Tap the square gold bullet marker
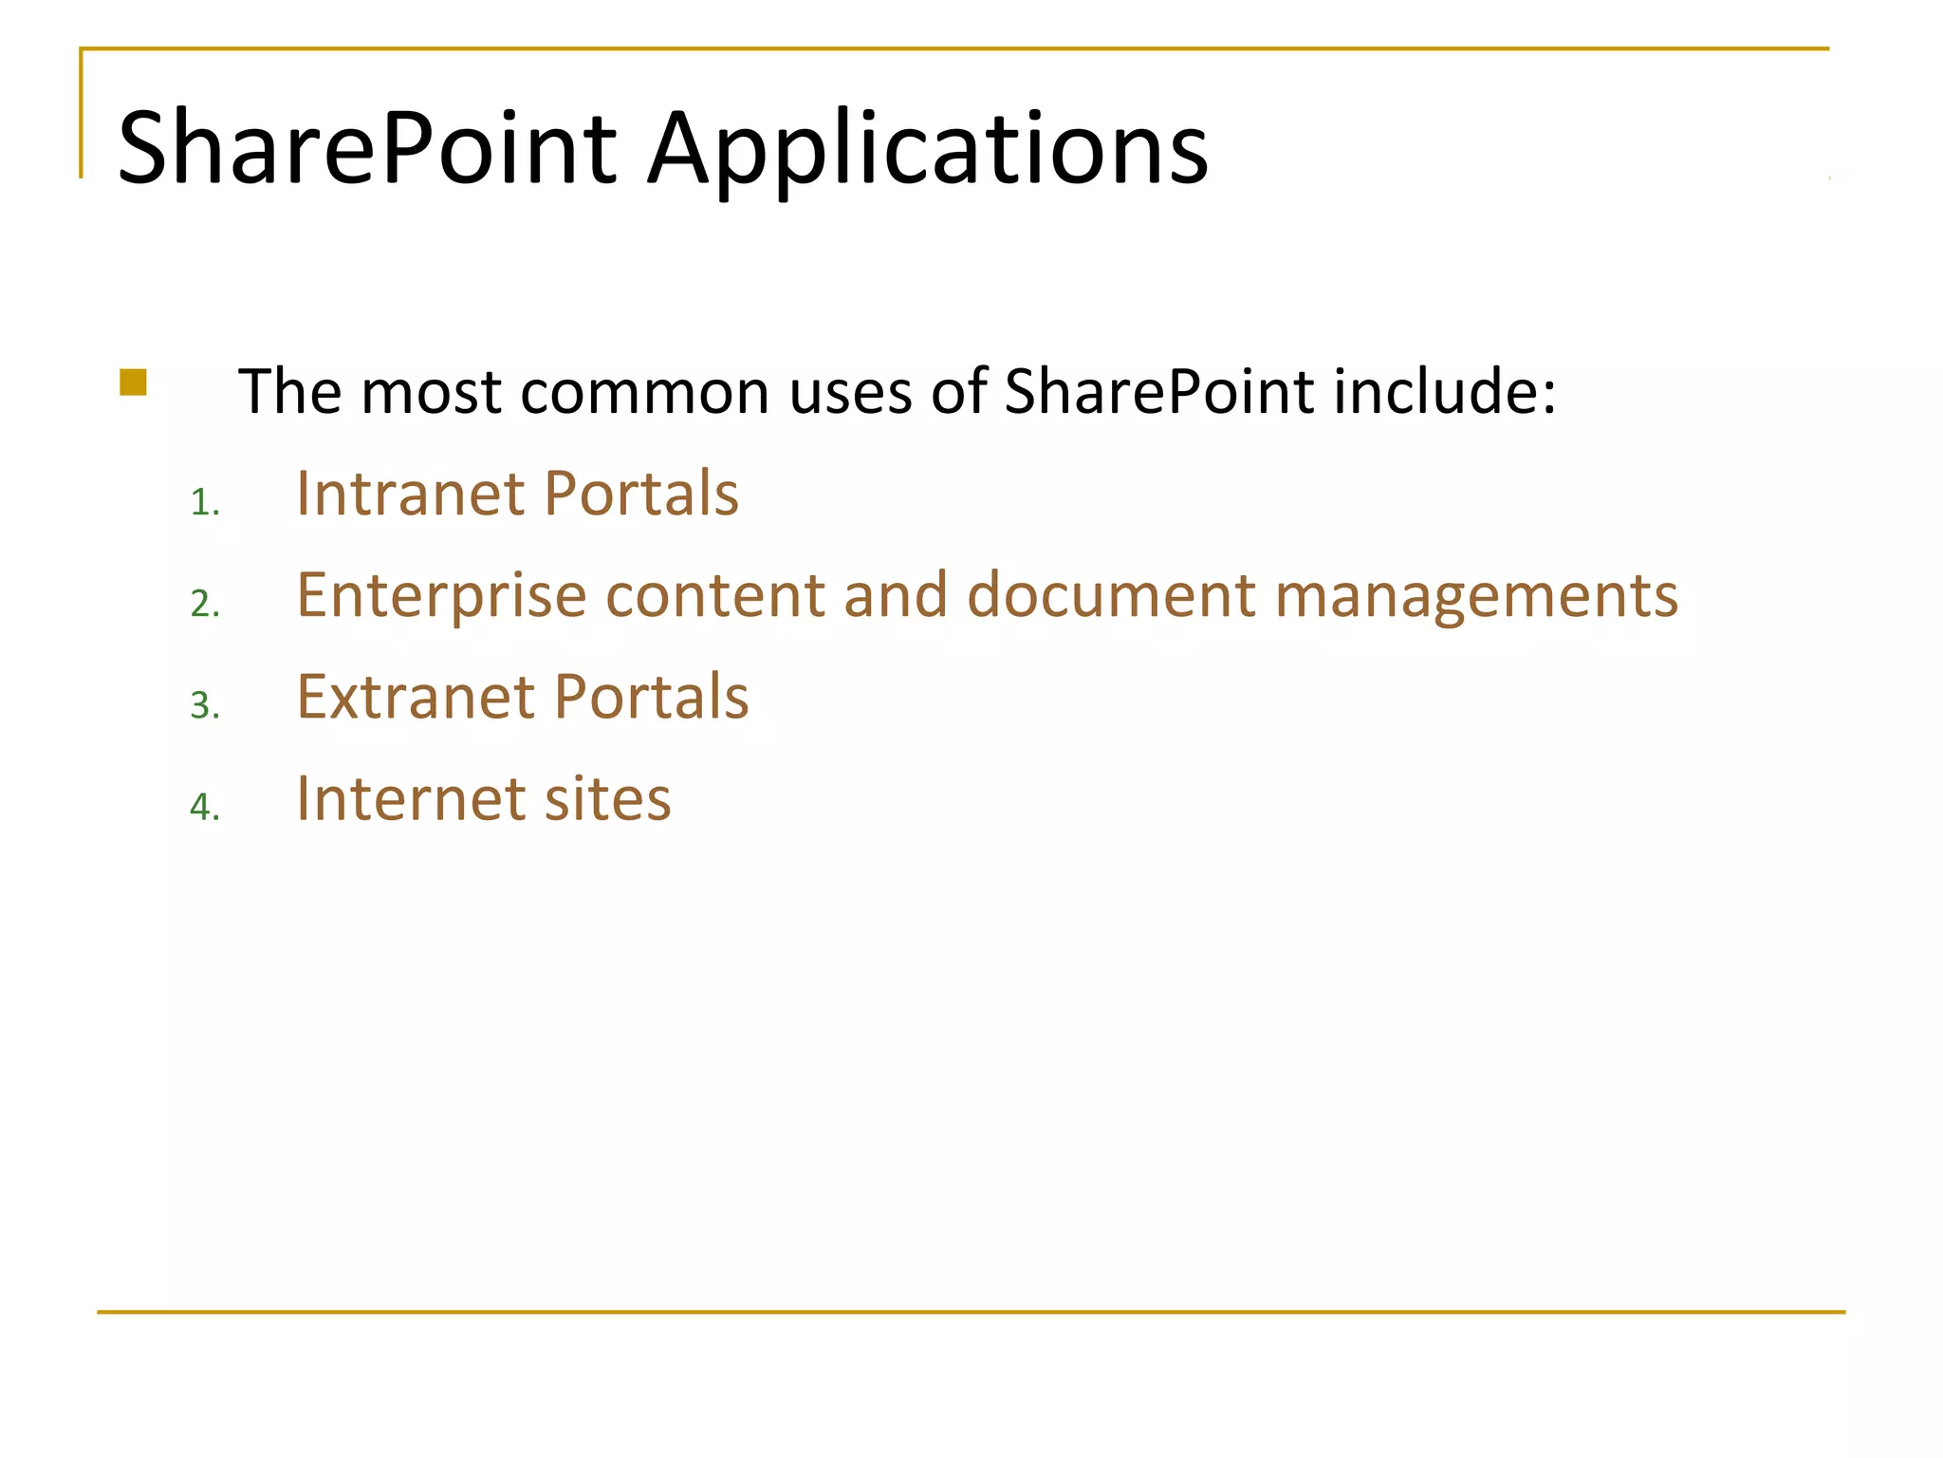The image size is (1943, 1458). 134,383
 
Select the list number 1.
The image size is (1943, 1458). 204,503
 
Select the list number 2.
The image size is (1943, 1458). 204,605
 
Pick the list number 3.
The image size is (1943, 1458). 204,706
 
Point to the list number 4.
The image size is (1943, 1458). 204,808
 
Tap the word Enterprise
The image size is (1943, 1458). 441,597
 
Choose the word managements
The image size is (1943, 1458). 1476,597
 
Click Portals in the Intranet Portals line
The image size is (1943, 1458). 641,494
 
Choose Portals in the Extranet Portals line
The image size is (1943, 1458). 651,697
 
